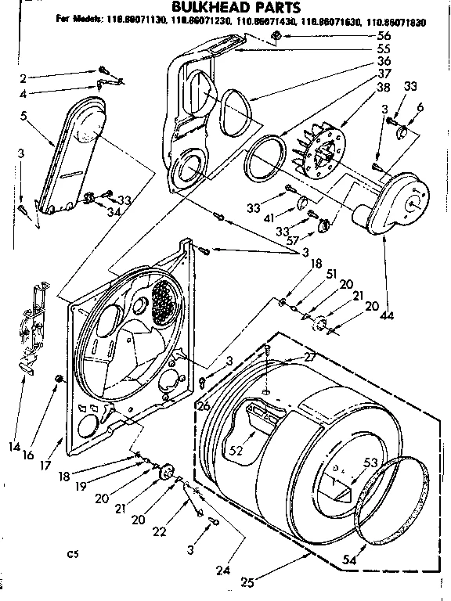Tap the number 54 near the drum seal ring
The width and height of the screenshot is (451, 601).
pos(348,561)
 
